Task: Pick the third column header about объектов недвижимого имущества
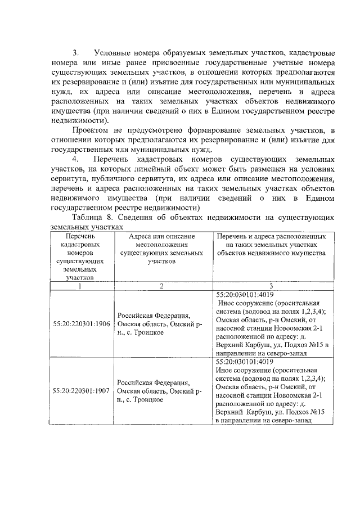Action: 271,245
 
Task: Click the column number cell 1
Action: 79,286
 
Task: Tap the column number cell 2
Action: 161,286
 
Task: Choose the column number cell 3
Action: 271,286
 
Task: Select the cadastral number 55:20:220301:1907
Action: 79,391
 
